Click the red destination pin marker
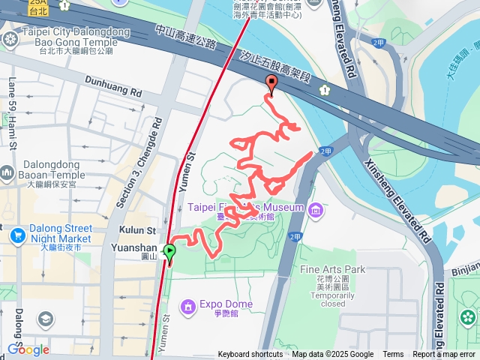pyautogui.click(x=271, y=85)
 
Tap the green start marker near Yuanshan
pyautogui.click(x=169, y=253)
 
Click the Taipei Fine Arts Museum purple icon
pyautogui.click(x=316, y=208)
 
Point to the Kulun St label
pyautogui.click(x=136, y=230)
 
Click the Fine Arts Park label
pyautogui.click(x=332, y=268)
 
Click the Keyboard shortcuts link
pyautogui.click(x=250, y=355)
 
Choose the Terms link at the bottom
pyautogui.click(x=393, y=355)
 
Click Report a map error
pyautogui.click(x=445, y=355)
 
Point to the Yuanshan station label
pyautogui.click(x=133, y=247)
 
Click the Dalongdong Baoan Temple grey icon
pyautogui.click(x=7, y=173)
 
